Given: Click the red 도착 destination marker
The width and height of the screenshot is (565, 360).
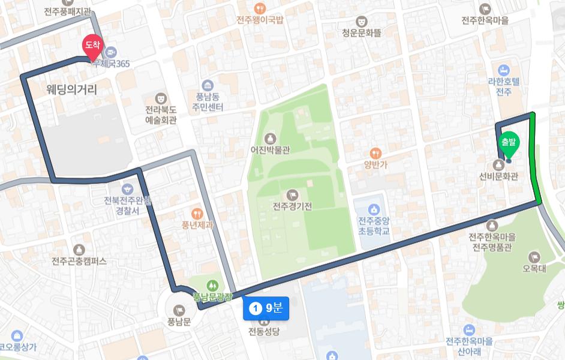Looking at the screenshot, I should coord(92,46).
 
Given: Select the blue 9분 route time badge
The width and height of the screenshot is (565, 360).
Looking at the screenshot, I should coord(266,308).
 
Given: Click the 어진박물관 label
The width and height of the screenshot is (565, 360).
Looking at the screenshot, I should coord(270,150).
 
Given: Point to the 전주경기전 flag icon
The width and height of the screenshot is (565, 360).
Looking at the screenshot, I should coord(293,194).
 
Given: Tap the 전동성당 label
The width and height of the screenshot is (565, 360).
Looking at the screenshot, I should coord(264,331).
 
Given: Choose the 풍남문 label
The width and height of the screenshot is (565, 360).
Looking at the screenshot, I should coord(179,322).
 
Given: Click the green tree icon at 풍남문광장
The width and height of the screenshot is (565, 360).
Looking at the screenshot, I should coord(212,285).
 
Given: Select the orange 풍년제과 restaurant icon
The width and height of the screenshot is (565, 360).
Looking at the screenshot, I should coord(197,214).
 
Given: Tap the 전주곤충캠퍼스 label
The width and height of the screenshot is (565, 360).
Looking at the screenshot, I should coord(79,262).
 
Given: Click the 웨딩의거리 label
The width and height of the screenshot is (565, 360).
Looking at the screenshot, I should coord(71,89).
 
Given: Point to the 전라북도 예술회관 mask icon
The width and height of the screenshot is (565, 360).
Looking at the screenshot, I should coord(161,98).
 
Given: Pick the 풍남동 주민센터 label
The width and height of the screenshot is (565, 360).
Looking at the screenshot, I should coord(208,102).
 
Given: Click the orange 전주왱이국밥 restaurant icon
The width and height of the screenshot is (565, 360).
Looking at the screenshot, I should coord(260,8).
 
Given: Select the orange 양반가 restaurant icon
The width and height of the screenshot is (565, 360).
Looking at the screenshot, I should coord(376,153).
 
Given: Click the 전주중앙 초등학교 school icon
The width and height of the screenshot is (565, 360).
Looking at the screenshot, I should coord(374,209).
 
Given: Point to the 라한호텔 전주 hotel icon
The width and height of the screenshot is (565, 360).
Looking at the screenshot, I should coord(503,70).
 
